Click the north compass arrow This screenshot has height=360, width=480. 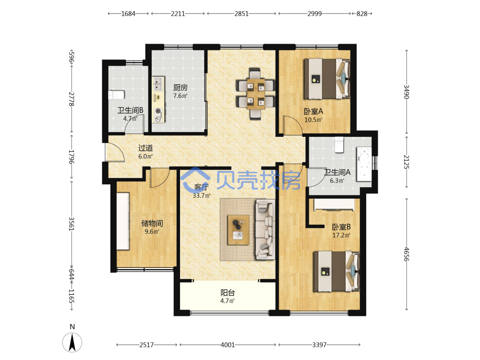pos(72,342)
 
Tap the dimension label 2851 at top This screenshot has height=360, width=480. pos(241,13)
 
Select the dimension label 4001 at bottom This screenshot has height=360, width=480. pos(228,345)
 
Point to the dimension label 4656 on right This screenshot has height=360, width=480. pos(406,254)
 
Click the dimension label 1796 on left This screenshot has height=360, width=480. pos(71,156)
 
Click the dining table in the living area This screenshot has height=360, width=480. pos(256,94)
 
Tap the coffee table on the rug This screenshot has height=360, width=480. pos(238,230)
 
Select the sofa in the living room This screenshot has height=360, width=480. pos(265,229)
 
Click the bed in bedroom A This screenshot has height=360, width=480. pos(326,79)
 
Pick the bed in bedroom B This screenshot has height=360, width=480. pos(336,271)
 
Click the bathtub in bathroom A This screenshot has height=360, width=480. pos(364,165)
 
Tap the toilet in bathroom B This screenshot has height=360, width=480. pos(116,95)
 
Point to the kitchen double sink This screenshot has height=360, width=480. pos(158,84)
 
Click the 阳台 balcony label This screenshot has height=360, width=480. pos(228,293)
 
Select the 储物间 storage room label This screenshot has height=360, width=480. pos(152,224)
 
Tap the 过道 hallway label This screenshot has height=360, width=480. pos(145,148)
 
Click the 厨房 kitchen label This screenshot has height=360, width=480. pos(180,88)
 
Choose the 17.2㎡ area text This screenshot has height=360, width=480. pos(341,235)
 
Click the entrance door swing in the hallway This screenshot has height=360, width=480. pos(115,152)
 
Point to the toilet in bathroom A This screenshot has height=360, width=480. pos(339,145)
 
